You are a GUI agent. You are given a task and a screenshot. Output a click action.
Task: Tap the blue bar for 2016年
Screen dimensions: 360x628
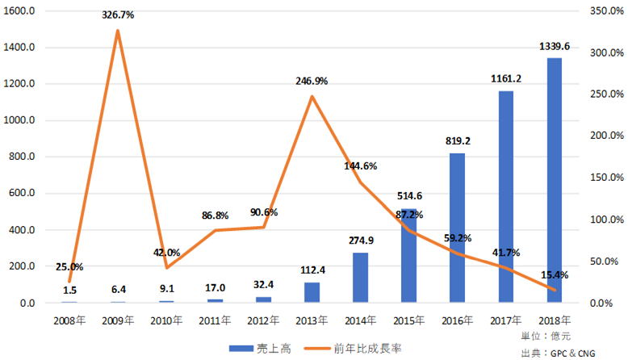pos(457,228)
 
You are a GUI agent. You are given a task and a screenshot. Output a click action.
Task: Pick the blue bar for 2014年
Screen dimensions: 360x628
pos(360,278)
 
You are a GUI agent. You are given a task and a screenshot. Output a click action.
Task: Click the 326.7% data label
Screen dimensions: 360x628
pos(118,15)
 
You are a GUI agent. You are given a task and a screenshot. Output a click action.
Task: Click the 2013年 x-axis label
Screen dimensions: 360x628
pos(312,320)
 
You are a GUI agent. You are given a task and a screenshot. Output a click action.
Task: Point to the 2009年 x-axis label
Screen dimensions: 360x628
pos(118,320)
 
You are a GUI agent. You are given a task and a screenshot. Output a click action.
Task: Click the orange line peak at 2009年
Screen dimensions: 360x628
pos(118,31)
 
